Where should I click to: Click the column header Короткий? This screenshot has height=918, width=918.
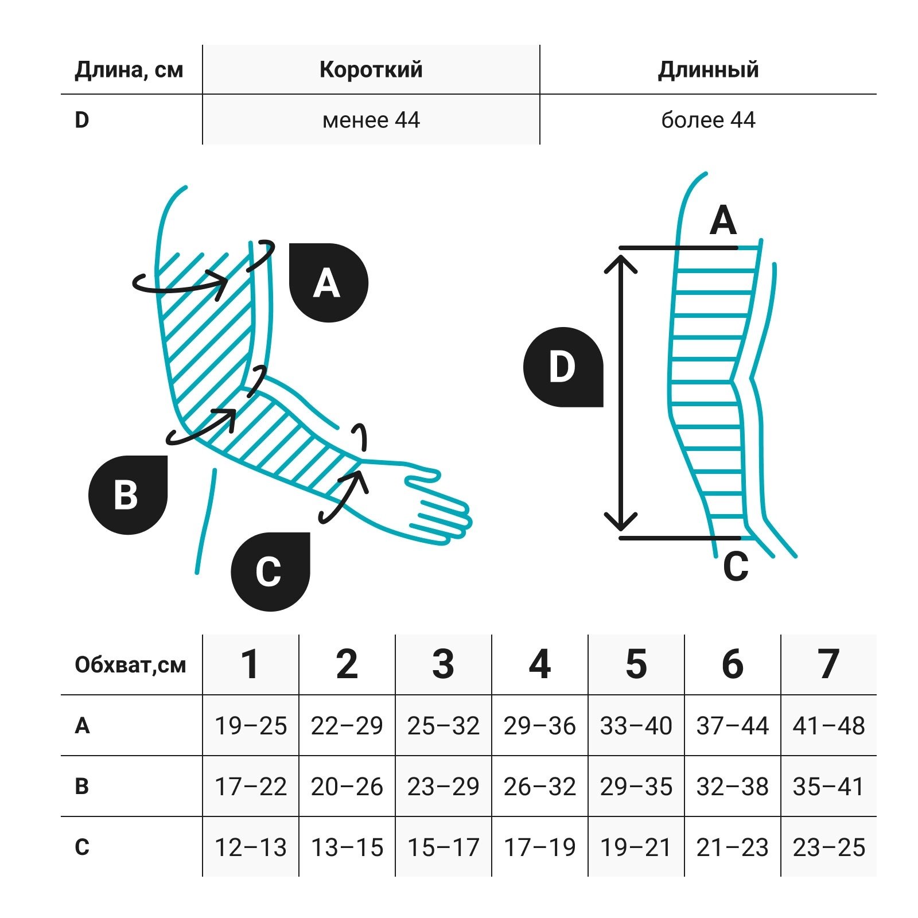371,69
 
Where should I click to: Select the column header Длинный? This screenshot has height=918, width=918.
708,69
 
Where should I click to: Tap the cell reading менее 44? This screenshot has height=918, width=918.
371,120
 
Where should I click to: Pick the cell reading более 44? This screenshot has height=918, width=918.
708,120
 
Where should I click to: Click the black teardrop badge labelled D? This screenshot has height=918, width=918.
563,367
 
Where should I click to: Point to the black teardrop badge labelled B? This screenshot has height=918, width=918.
127,495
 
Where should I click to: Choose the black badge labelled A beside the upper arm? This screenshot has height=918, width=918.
328,283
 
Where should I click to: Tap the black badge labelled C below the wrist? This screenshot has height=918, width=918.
270,571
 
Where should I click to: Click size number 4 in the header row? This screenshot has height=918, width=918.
539,664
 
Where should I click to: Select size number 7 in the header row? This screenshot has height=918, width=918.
828,664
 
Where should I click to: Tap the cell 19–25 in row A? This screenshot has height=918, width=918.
251,726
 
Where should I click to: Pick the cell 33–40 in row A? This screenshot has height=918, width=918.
636,726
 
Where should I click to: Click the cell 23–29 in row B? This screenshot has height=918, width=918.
443,787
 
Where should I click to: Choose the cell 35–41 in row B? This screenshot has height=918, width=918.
828,787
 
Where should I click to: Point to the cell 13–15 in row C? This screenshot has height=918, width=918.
347,847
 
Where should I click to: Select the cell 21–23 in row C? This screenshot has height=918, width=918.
732,847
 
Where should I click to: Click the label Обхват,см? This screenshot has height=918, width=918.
130,665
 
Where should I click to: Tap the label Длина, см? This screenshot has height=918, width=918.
129,70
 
